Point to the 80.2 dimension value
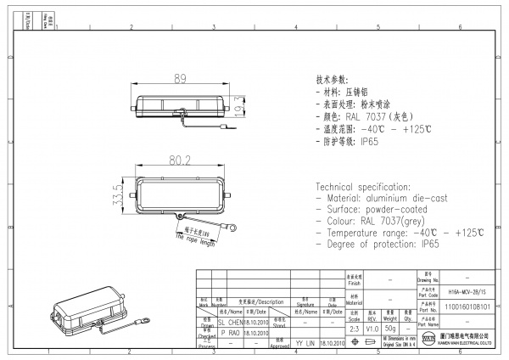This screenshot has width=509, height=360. [179, 159]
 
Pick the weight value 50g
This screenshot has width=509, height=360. [389, 328]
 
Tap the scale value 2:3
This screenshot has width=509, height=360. [353, 328]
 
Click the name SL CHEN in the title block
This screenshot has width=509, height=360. [231, 323]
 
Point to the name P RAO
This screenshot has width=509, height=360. [230, 334]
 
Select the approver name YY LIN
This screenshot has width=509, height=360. [305, 343]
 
